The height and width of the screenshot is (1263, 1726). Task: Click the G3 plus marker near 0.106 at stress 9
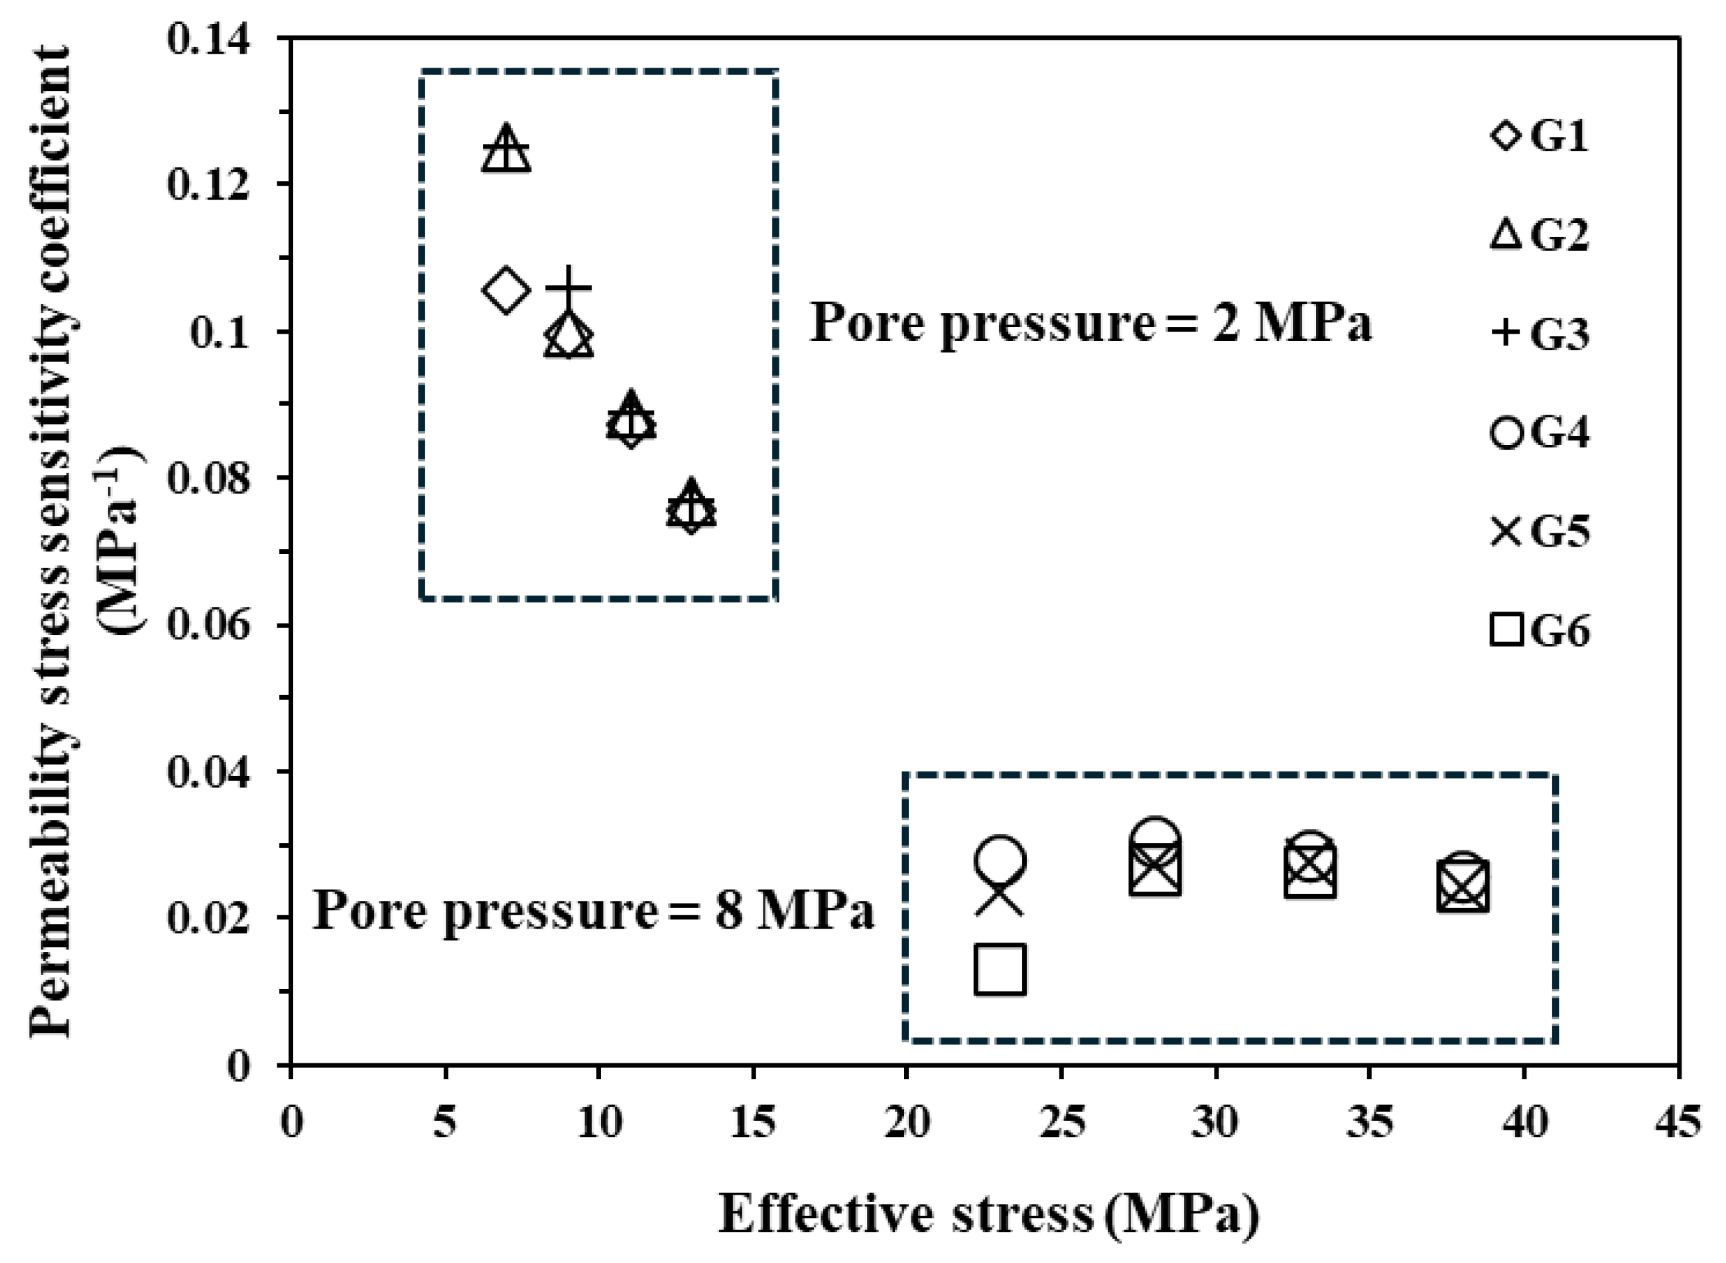point(568,289)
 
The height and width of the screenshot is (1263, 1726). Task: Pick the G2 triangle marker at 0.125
point(506,150)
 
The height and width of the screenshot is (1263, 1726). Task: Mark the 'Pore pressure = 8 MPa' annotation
point(593,911)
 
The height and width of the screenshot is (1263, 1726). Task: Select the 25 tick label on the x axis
point(1063,1123)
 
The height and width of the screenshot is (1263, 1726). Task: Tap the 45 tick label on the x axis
point(1679,1123)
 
